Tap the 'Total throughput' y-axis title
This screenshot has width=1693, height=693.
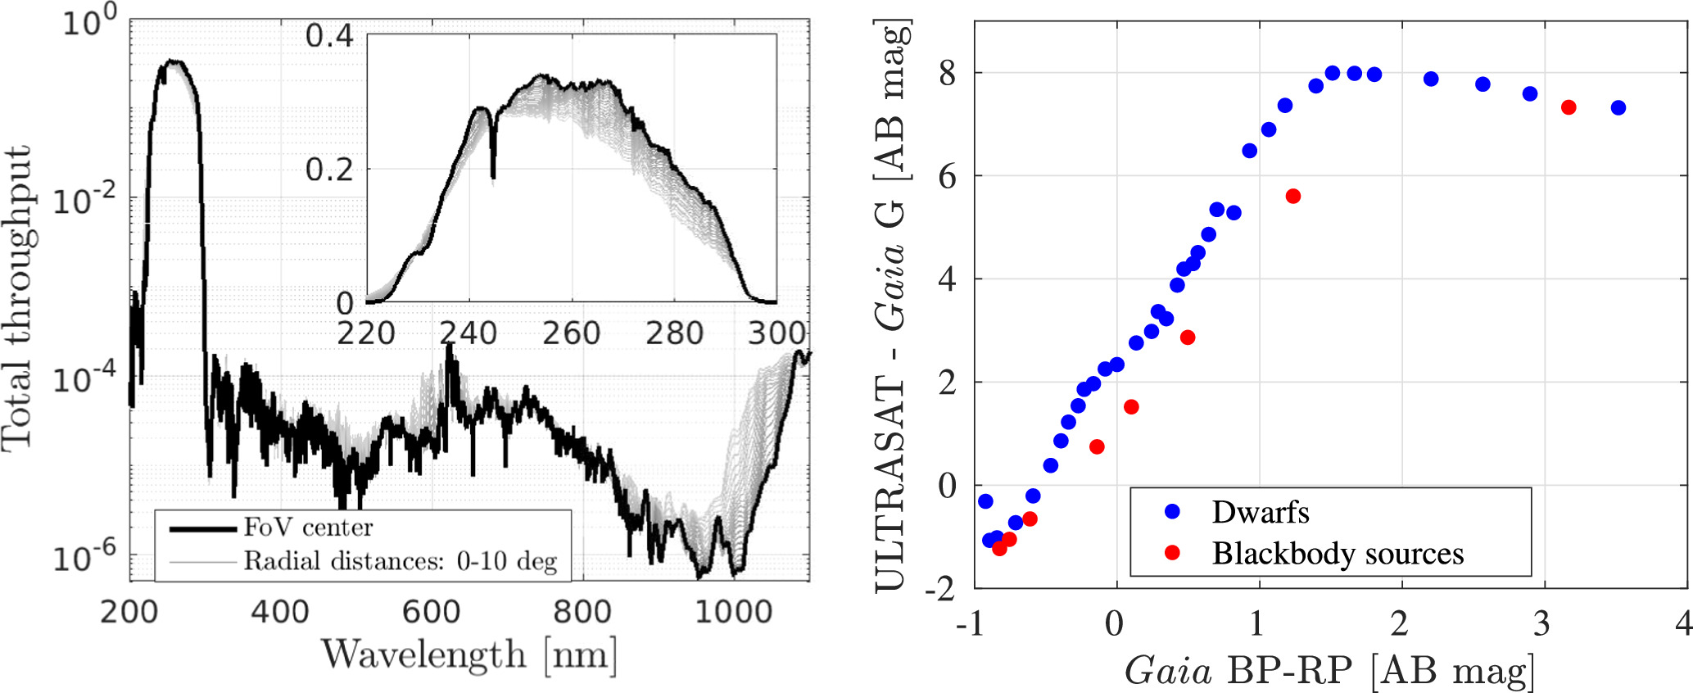point(18,299)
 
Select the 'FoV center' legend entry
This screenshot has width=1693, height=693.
point(308,528)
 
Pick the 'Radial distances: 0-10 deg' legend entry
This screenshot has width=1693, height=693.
point(400,562)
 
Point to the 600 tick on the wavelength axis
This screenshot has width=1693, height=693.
point(431,612)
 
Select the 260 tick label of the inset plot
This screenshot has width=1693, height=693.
point(571,333)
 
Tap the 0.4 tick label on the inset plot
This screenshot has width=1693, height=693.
point(329,36)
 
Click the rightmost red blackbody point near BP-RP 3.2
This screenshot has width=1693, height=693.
point(1569,107)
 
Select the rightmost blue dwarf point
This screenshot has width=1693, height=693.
point(1618,108)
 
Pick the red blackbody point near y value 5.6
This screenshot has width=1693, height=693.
point(1293,197)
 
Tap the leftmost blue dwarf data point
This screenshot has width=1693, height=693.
point(985,501)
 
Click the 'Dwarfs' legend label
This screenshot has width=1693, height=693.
point(1261,513)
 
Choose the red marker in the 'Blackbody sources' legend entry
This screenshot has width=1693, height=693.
point(1172,554)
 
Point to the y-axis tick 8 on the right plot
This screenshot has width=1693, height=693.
point(947,74)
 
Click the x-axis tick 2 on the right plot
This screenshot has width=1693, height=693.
point(1400,624)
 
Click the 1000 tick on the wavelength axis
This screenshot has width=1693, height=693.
point(733,612)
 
